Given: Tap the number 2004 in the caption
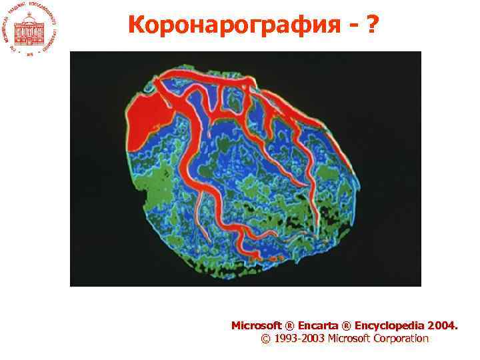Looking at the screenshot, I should click(x=442, y=326).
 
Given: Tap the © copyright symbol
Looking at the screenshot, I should click(x=266, y=339).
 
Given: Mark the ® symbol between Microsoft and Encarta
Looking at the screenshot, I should click(x=289, y=326).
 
